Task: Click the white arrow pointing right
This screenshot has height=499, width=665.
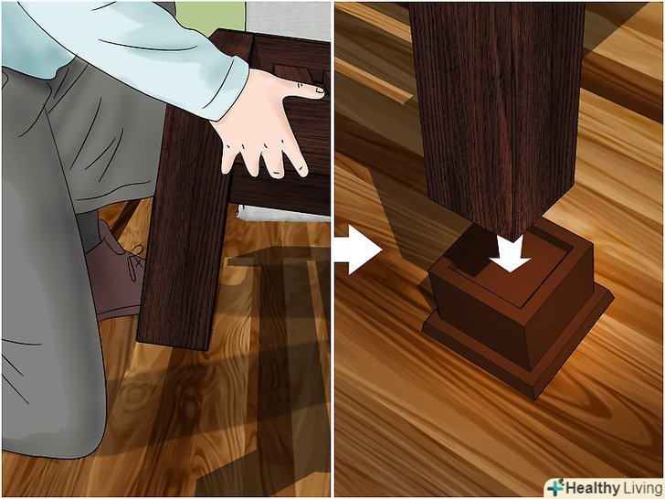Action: click(359, 249)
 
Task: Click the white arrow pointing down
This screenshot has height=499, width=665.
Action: click(510, 254)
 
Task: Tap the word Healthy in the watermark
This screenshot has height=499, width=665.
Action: click(592, 488)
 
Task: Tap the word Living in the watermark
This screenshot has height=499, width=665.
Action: click(641, 488)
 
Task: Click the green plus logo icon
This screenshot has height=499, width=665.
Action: click(555, 487)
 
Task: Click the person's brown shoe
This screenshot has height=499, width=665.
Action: click(115, 271)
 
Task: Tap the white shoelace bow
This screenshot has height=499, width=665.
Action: click(134, 260)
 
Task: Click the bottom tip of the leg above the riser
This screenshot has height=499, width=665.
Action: click(514, 240)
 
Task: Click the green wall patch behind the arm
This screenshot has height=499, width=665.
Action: click(210, 17)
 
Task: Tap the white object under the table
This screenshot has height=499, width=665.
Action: click(283, 214)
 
